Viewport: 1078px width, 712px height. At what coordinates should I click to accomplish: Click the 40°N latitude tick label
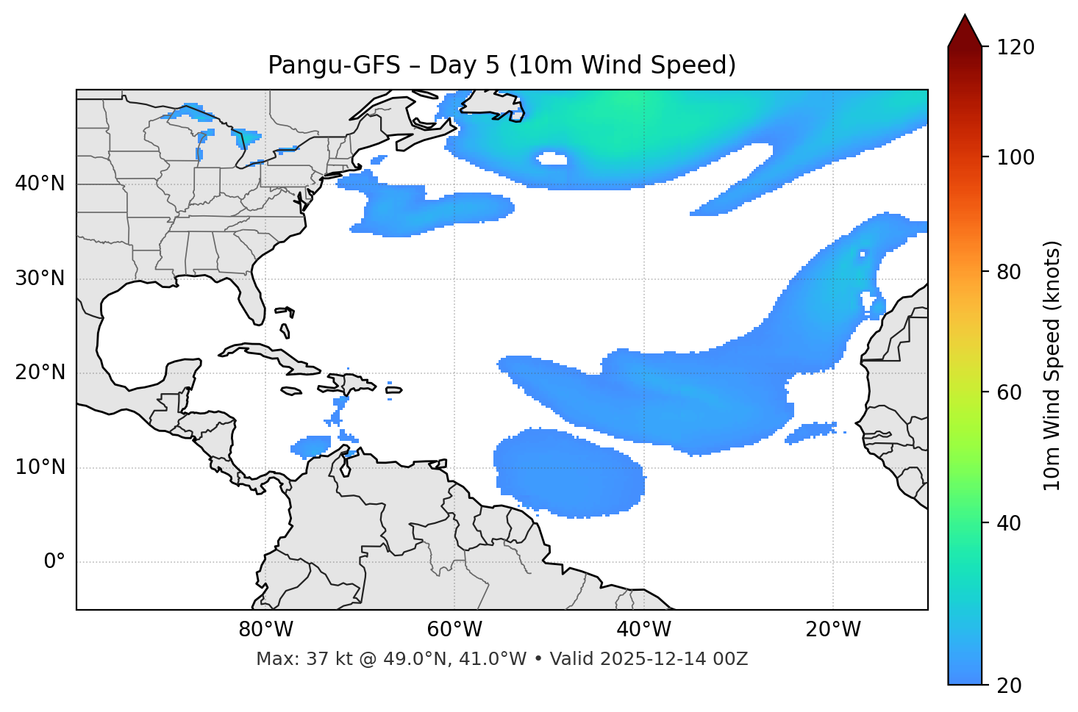coord(40,184)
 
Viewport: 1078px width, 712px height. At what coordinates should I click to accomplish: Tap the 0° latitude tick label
coord(54,562)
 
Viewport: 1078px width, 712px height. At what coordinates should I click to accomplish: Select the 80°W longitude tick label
coord(265,630)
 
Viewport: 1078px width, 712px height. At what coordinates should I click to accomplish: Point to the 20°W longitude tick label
coord(833,630)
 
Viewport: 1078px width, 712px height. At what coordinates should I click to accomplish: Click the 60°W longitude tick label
coord(454,630)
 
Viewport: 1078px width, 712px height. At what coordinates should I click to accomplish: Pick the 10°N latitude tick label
coord(40,467)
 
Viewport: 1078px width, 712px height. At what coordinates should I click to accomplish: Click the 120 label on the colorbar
coord(1015,48)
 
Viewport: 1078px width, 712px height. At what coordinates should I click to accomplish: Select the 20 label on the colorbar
coord(1010,686)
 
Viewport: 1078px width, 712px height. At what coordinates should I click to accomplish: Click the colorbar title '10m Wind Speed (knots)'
coord(1052,365)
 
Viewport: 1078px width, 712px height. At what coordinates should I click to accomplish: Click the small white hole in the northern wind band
coord(552,159)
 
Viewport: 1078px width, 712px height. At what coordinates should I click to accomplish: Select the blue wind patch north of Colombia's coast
coord(312,445)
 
